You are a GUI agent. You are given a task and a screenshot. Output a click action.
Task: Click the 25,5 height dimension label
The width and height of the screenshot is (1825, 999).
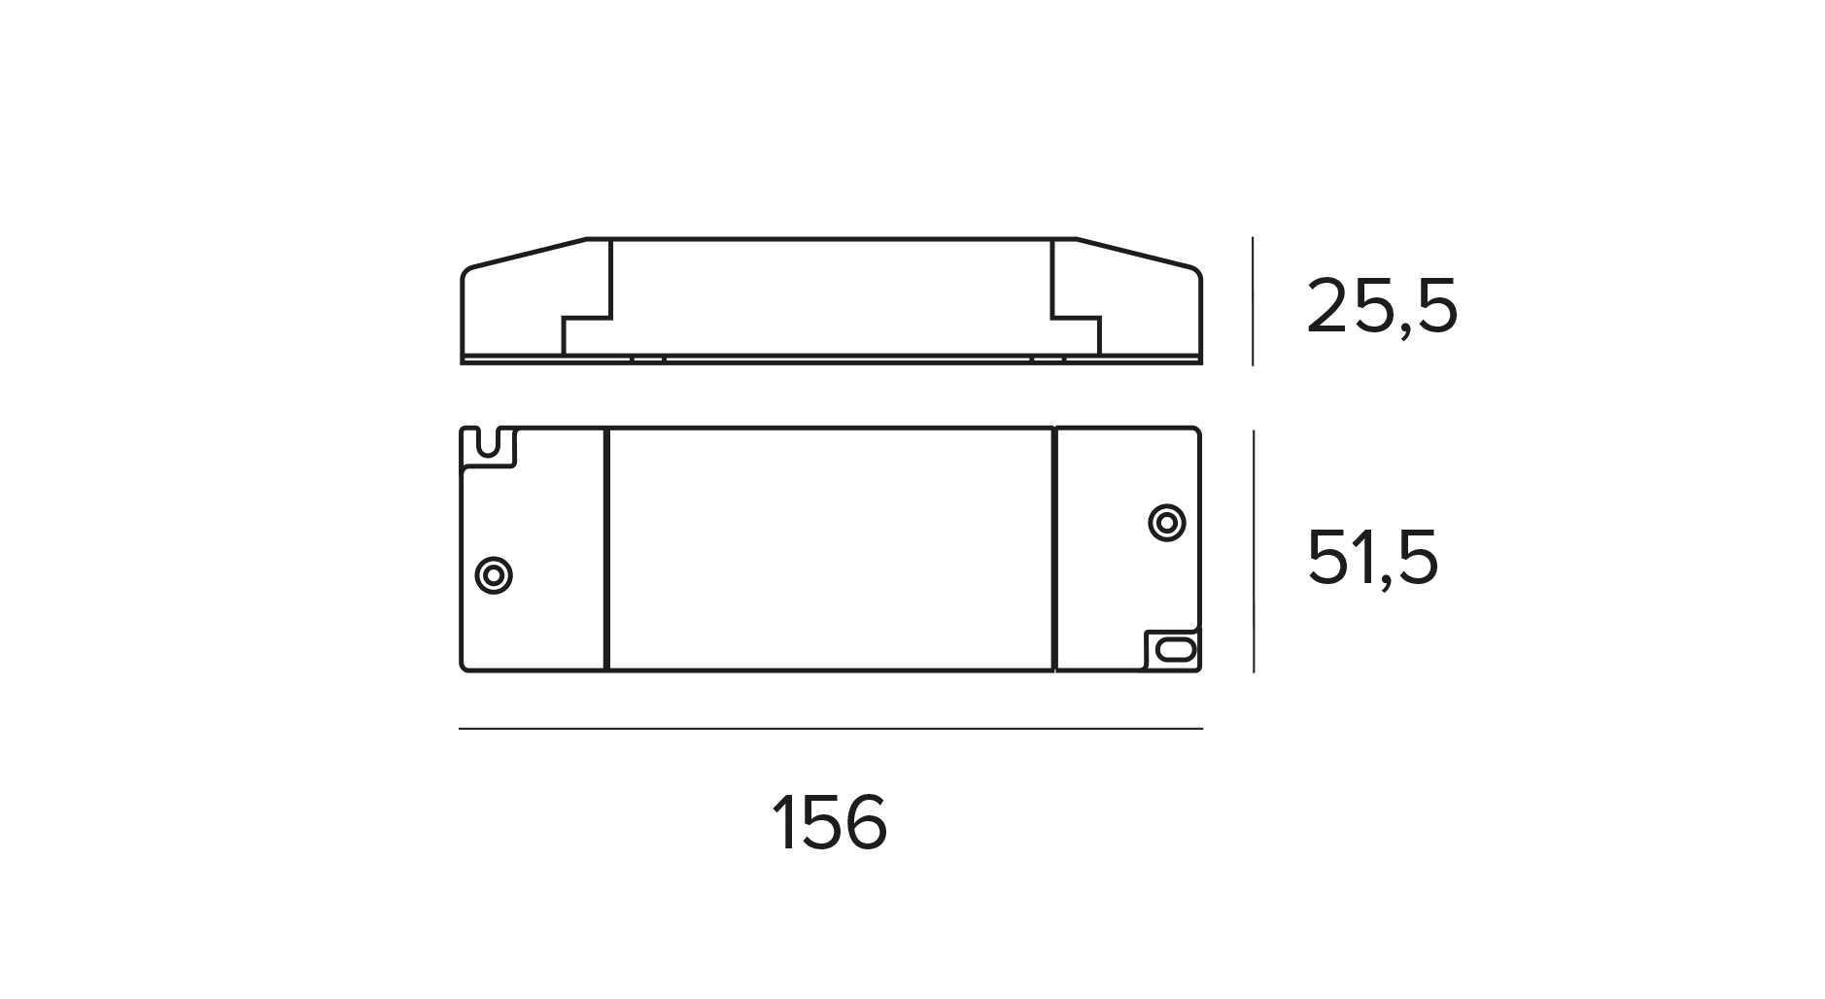(1381, 307)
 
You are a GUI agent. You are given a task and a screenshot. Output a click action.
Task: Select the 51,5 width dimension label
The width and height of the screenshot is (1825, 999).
(1371, 558)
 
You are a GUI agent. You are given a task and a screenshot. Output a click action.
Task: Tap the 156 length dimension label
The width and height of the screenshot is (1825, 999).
(829, 823)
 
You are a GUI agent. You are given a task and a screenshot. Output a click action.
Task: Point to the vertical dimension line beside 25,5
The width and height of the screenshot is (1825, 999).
(1253, 301)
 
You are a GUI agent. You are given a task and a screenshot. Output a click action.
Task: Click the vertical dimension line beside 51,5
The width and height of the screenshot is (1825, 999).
(1254, 550)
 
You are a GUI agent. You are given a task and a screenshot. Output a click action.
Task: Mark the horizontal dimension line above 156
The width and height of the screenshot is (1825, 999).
(830, 728)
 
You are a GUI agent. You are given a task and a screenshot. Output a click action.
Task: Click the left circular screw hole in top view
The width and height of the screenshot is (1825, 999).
(494, 575)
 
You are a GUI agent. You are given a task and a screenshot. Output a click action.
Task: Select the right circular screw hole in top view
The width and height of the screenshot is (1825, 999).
(1166, 522)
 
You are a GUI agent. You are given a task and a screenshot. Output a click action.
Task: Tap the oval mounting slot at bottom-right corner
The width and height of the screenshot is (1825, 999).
(1174, 649)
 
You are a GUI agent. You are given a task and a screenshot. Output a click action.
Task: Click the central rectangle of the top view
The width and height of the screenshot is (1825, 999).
(830, 549)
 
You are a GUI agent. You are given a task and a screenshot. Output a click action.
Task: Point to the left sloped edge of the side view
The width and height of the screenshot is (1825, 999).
(525, 252)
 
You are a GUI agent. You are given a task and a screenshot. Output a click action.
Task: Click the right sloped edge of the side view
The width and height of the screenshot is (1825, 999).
(1137, 252)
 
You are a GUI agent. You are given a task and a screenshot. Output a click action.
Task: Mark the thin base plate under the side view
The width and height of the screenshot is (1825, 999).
(830, 360)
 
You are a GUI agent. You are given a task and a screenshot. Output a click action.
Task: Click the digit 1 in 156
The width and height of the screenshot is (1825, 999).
(782, 823)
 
